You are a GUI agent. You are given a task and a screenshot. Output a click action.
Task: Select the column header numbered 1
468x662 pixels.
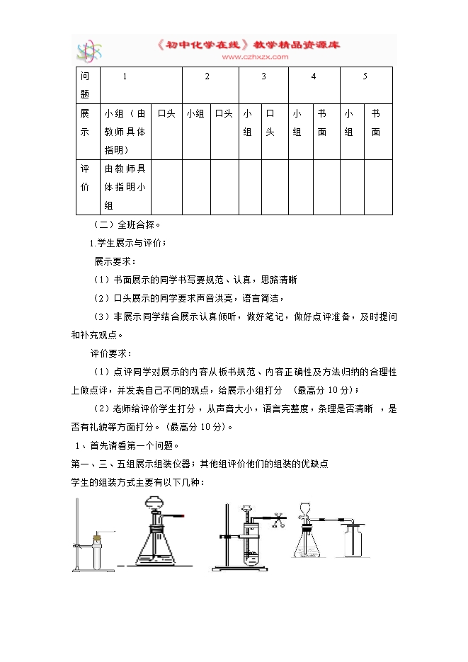tap(125, 76)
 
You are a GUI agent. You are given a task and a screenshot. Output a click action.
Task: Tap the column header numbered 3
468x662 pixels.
tap(263, 76)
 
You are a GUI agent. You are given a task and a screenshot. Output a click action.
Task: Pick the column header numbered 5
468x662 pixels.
tap(365, 76)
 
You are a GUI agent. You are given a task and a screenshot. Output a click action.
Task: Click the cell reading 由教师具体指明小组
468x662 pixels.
tap(125, 187)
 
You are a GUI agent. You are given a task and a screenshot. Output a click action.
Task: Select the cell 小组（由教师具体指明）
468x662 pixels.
tap(125, 131)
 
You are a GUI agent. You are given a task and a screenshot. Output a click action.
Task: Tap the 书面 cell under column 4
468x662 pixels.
tap(322, 122)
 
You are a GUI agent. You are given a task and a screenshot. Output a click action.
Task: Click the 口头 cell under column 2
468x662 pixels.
tap(224, 113)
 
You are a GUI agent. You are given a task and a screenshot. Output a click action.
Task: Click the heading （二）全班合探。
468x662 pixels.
tap(128, 225)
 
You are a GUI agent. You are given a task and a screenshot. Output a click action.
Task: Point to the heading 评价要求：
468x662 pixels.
tap(110, 353)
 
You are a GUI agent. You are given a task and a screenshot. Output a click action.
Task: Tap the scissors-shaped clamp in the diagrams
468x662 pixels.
tap(278, 521)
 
